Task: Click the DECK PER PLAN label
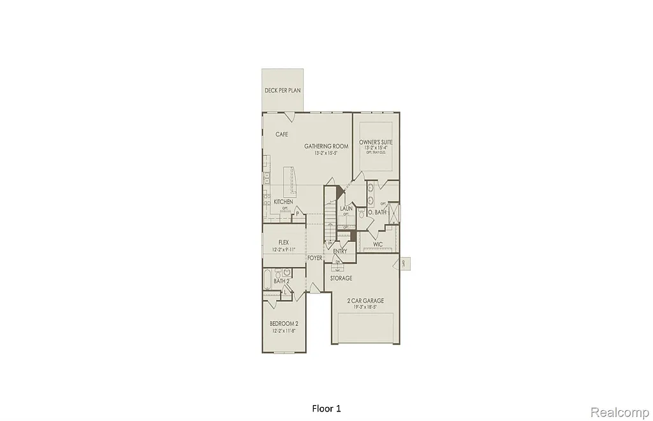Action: pyautogui.click(x=282, y=91)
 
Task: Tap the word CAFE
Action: pyautogui.click(x=281, y=135)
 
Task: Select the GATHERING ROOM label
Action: pyautogui.click(x=326, y=146)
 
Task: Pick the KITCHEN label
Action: pyautogui.click(x=283, y=202)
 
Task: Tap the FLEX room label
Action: pyautogui.click(x=284, y=242)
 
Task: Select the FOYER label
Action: pyautogui.click(x=314, y=258)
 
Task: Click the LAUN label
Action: pyautogui.click(x=346, y=209)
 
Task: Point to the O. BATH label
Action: pyautogui.click(x=378, y=212)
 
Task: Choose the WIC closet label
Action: pyautogui.click(x=378, y=244)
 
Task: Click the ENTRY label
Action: pyautogui.click(x=340, y=251)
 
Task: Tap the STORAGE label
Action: pyautogui.click(x=341, y=279)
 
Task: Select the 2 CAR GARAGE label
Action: pyautogui.click(x=365, y=300)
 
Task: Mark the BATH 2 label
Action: pyautogui.click(x=282, y=281)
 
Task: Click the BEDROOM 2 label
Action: pyautogui.click(x=284, y=323)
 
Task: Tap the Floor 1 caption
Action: pyautogui.click(x=326, y=407)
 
